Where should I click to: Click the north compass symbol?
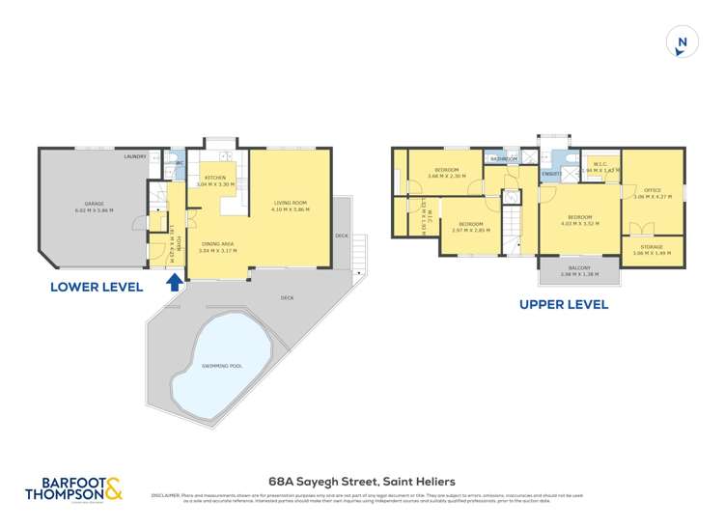682,42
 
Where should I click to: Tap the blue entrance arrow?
175,282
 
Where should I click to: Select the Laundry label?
135,156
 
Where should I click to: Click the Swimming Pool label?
222,367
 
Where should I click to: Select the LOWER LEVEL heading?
97,287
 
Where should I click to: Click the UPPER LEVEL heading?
564,304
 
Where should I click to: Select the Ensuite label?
552,173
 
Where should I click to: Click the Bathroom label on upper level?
504,158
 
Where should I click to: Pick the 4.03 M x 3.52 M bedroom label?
580,219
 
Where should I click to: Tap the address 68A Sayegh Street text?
361,481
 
